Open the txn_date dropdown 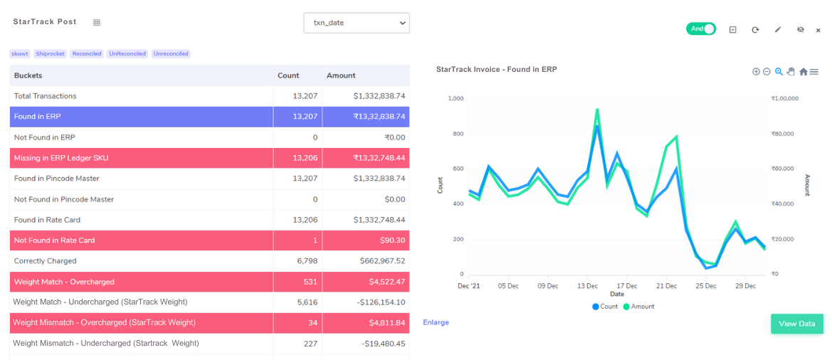[356, 23]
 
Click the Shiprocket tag [50, 54]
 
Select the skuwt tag [20, 54]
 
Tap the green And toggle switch [700, 29]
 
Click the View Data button [796, 324]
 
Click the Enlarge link [436, 322]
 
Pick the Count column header [288, 75]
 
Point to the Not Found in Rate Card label [54, 240]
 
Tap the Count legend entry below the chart [604, 307]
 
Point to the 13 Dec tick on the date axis [587, 286]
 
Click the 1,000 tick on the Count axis [456, 99]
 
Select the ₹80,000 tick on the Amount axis [784, 134]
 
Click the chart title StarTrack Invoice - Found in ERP [496, 70]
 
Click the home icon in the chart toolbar [803, 72]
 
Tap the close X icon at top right [818, 30]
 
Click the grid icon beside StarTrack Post [97, 23]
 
